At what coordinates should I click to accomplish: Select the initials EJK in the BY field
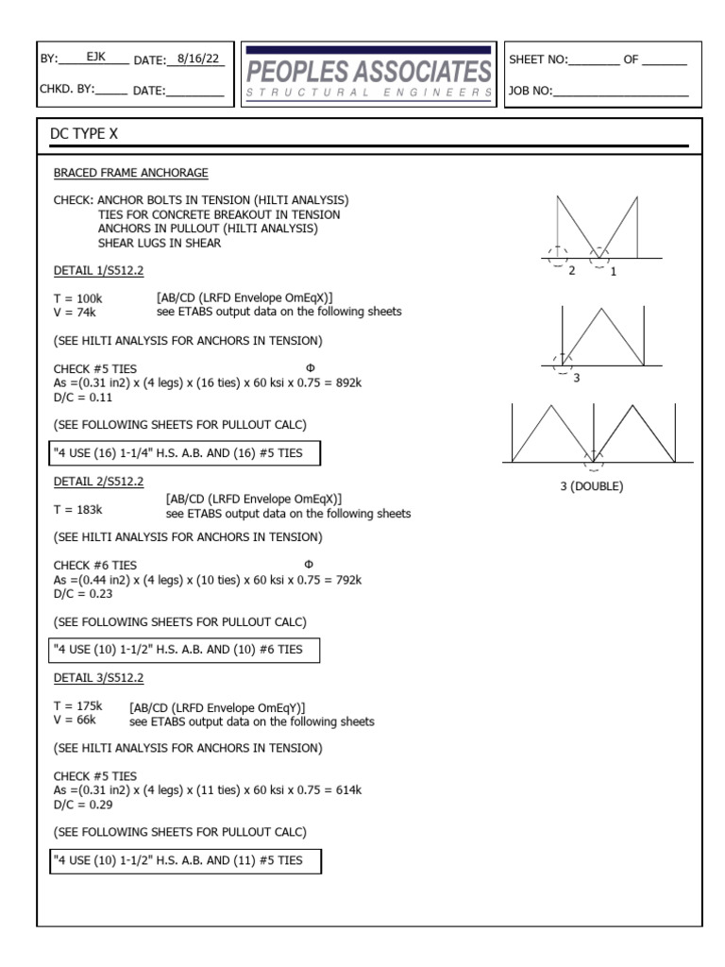point(96,58)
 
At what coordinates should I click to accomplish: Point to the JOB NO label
point(531,92)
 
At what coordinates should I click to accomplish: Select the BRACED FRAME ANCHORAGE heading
point(130,173)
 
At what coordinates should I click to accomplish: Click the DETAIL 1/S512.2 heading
point(98,270)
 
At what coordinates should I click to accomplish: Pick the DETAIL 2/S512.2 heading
point(98,482)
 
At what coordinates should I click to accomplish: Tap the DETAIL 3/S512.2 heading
point(98,678)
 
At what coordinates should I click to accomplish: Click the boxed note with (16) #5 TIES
point(185,453)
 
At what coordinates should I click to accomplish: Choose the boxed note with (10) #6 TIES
point(185,650)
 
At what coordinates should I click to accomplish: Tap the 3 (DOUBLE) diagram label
point(592,486)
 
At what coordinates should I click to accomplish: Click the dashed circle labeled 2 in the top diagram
point(558,255)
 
